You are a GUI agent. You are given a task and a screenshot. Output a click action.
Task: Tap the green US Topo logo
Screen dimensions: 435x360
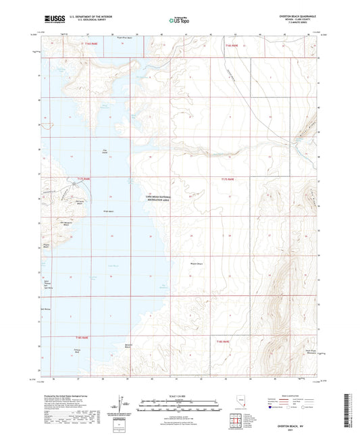pyautogui.click(x=179, y=21)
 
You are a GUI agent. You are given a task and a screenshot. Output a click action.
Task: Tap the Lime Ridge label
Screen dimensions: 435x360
pyautogui.click(x=316, y=196)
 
